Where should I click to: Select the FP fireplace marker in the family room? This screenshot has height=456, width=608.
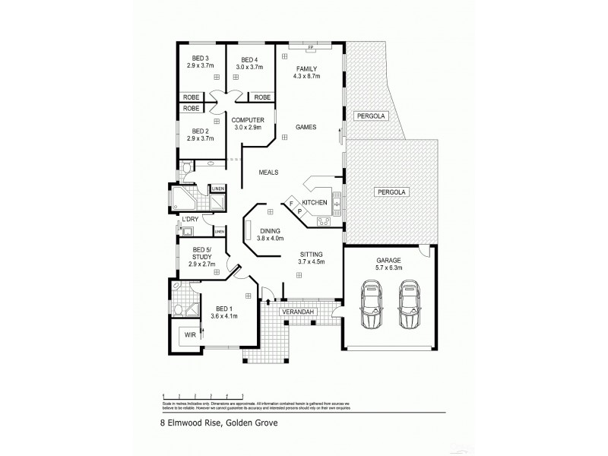point(310,49)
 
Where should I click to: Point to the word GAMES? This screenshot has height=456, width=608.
point(306,127)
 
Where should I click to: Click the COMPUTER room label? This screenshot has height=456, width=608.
point(248,120)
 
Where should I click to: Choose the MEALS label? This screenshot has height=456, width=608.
point(269,173)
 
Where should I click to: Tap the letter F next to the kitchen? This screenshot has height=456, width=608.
point(290,203)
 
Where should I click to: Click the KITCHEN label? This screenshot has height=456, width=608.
point(315,202)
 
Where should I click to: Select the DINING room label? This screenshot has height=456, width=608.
point(271,231)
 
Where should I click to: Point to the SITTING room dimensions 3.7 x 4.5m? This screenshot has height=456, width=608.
point(312,262)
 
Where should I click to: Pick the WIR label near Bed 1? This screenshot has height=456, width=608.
point(187,334)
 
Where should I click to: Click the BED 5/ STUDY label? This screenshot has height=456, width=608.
point(202,253)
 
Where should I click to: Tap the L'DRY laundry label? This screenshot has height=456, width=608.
point(189,220)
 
